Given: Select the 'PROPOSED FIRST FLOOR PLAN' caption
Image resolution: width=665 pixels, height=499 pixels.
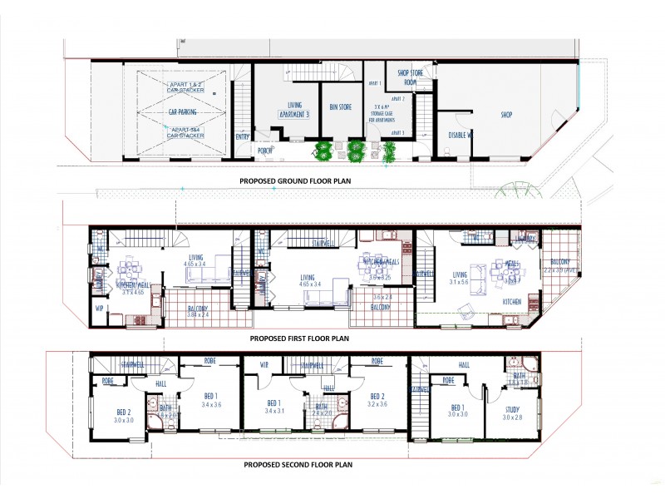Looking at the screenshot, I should pyautogui.click(x=300, y=338).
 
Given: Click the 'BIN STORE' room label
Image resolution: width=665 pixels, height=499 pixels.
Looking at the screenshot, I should pyautogui.click(x=341, y=107).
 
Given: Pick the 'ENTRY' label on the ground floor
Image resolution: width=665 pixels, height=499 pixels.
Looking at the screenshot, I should pyautogui.click(x=243, y=136).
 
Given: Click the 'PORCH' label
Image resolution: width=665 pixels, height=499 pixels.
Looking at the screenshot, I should pyautogui.click(x=265, y=151).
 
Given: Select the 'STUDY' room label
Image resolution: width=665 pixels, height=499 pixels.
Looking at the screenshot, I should pyautogui.click(x=512, y=409).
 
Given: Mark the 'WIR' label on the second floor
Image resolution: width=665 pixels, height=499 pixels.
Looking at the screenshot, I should pyautogui.click(x=264, y=363).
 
